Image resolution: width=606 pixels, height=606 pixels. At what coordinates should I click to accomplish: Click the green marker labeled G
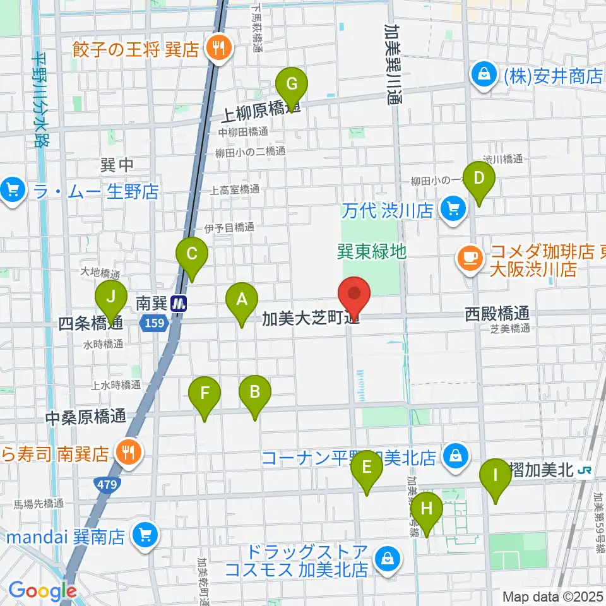tap(291, 85)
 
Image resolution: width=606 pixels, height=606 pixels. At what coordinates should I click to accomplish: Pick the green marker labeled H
tap(427, 508)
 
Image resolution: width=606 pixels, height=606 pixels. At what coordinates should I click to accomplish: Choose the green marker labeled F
tap(205, 393)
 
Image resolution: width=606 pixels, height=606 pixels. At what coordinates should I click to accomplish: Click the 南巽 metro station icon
tap(180, 304)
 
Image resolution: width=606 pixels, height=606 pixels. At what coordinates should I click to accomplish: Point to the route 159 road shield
tap(155, 323)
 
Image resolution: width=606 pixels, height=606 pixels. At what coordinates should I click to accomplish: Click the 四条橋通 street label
tap(90, 324)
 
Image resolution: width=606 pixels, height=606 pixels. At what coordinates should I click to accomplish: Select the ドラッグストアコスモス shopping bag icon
tap(385, 557)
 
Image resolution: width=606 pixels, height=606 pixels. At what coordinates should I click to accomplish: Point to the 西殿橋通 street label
tap(497, 313)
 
